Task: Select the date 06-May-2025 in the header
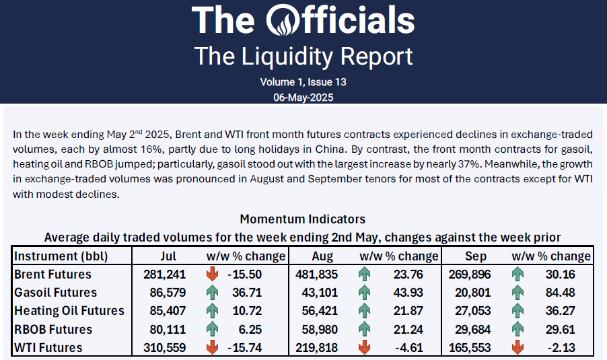coord(303,97)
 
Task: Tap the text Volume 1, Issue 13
coord(303,82)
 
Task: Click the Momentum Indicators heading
coord(303,219)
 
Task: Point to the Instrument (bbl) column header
coord(61,256)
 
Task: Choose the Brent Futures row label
coord(52,275)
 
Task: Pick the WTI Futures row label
coord(48,348)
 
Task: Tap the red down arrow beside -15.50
coord(213,275)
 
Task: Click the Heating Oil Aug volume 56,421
coord(318,311)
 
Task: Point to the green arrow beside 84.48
coord(517,293)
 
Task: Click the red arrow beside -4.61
coord(365,348)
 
